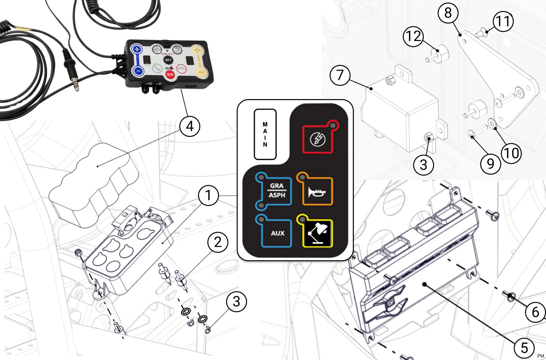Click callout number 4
pyautogui.click(x=190, y=126)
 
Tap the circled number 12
pyautogui.click(x=413, y=36)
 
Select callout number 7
pyautogui.click(x=340, y=75)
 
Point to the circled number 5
pyautogui.click(x=525, y=348)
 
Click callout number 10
pyautogui.click(x=511, y=153)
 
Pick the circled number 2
pyautogui.click(x=218, y=242)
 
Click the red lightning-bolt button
pyautogui.click(x=318, y=139)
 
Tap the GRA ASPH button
pyautogui.click(x=276, y=191)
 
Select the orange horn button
pyautogui.click(x=317, y=191)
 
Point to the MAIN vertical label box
pyautogui.click(x=265, y=134)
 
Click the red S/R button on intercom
pyautogui.click(x=170, y=74)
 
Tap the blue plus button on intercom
pyautogui.click(x=137, y=50)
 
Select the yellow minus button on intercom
pyautogui.click(x=201, y=72)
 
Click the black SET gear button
pyautogui.click(x=168, y=60)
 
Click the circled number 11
pyautogui.click(x=503, y=21)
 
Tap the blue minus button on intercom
pyautogui.click(x=138, y=71)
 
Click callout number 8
pyautogui.click(x=448, y=13)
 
